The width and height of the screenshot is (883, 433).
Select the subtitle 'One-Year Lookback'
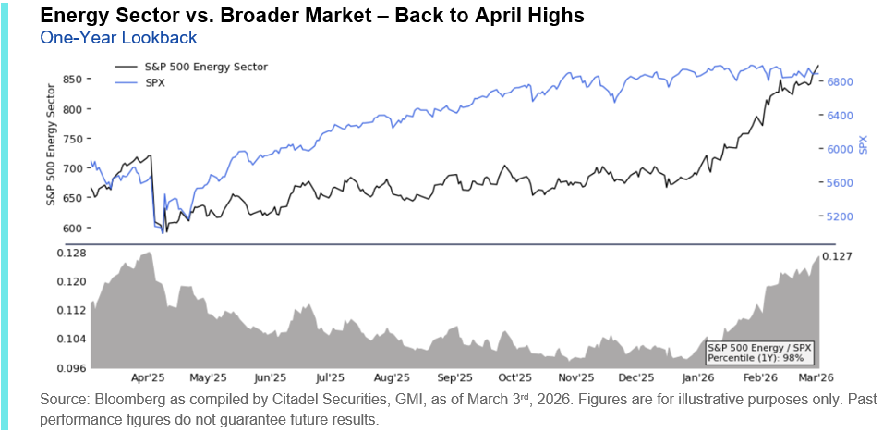(x=118, y=38)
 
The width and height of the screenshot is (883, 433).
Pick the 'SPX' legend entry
(x=157, y=82)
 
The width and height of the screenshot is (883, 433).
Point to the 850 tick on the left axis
(x=72, y=80)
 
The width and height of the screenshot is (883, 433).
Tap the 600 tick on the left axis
(x=72, y=228)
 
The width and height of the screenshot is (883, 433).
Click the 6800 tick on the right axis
(x=842, y=82)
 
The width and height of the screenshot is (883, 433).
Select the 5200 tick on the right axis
(x=842, y=217)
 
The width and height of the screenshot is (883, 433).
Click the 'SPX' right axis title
(x=864, y=145)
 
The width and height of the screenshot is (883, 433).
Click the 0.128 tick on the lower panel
(x=71, y=253)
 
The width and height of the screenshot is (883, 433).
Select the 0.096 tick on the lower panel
(x=71, y=367)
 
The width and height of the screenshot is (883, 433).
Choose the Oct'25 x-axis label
(x=514, y=377)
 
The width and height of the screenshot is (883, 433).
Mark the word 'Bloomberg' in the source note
(x=125, y=400)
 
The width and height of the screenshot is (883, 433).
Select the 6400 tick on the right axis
(x=842, y=116)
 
